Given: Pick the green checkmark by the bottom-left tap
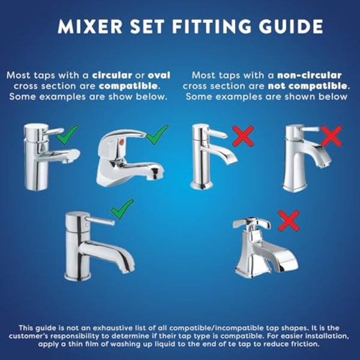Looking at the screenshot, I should (x=122, y=209).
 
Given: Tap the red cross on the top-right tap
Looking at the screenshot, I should (x=329, y=137).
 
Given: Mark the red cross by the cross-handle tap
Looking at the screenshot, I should (x=289, y=222).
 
